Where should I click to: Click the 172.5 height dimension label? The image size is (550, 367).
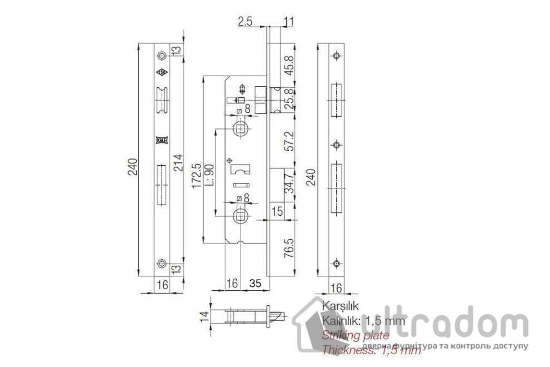196,177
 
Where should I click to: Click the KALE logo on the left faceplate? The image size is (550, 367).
162,140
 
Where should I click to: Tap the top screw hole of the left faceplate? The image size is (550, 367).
162,56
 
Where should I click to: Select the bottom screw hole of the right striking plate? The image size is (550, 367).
336,263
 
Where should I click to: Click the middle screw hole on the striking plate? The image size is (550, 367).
336,145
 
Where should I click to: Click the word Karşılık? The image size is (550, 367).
338,306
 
